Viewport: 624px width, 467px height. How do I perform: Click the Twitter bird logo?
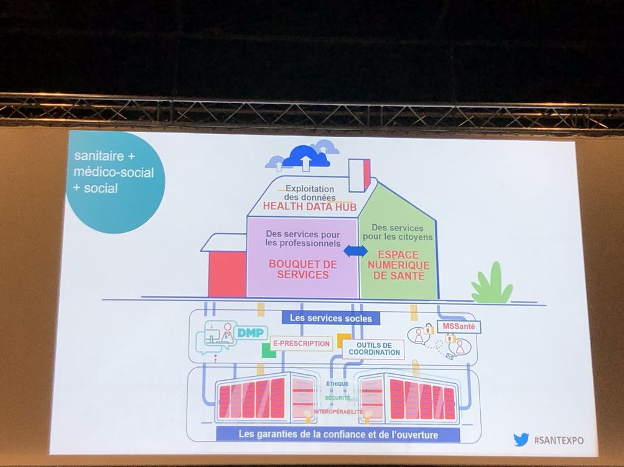tap(521, 440)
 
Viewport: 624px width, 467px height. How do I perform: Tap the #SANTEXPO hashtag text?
tap(559, 440)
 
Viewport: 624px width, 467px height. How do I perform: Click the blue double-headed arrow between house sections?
tap(356, 251)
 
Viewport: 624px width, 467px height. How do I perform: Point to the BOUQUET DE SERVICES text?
tap(303, 269)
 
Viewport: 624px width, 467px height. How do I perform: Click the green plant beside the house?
tap(491, 284)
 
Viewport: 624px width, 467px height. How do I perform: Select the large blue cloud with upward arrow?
tap(305, 157)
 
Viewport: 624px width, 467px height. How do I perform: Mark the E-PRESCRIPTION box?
tap(301, 343)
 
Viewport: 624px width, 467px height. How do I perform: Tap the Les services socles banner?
tap(331, 318)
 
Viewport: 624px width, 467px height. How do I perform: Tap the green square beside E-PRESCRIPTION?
tap(268, 351)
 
